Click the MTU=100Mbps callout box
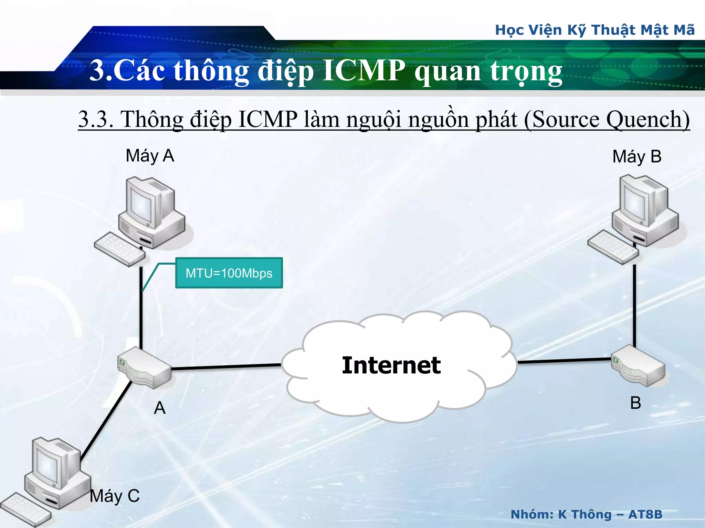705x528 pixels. point(229,273)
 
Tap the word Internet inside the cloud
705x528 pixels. point(391,365)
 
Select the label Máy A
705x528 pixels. point(150,156)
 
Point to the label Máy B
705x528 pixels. point(637,157)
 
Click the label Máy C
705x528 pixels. point(115,496)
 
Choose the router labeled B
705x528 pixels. point(638,365)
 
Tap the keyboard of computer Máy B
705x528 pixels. point(613,247)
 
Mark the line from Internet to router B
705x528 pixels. point(565,361)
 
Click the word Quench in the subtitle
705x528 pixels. point(647,120)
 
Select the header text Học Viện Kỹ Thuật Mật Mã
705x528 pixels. point(594,30)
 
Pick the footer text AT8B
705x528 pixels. point(645,515)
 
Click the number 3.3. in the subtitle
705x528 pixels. point(96,120)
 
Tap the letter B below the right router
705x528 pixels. point(635,403)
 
